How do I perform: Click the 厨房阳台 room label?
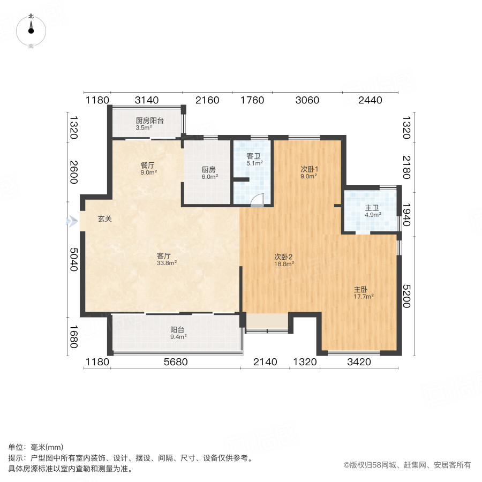pyautogui.click(x=149, y=120)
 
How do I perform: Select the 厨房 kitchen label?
pyautogui.click(x=208, y=170)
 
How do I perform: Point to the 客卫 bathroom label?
pyautogui.click(x=254, y=156)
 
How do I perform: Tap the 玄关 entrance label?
pyautogui.click(x=104, y=219)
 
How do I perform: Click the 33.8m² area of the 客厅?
pyautogui.click(x=167, y=263)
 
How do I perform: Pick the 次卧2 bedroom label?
pyautogui.click(x=284, y=256)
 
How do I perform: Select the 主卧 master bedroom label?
pyautogui.click(x=360, y=289)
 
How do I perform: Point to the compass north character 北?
pyautogui.click(x=31, y=17)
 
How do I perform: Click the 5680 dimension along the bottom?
pyautogui.click(x=176, y=361)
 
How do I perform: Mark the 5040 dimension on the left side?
pyautogui.click(x=74, y=258)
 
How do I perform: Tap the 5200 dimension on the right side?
pyautogui.click(x=406, y=295)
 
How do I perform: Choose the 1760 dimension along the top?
pyautogui.click(x=252, y=100)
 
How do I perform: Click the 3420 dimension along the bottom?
pyautogui.click(x=359, y=361)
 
